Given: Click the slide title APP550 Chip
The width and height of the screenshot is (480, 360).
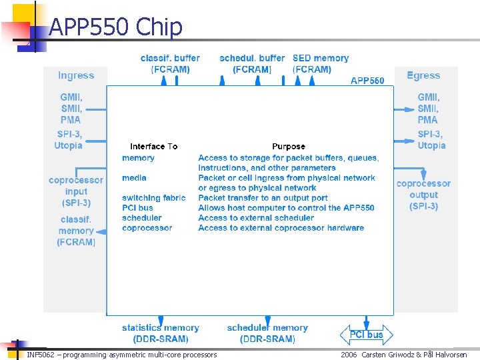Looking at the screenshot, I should (115, 27).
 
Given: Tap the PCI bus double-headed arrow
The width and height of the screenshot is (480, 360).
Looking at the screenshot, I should (366, 335).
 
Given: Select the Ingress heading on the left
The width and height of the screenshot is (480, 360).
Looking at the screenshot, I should (76, 75).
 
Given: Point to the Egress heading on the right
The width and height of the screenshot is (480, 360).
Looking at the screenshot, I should (423, 75).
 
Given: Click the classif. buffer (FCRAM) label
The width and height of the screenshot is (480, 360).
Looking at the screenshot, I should (170, 64).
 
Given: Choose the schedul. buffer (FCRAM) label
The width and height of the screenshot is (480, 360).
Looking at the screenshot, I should (252, 64).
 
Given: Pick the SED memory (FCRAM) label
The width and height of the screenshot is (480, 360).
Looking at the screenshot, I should (320, 64).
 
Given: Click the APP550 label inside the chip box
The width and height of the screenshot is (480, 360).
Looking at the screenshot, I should (367, 81).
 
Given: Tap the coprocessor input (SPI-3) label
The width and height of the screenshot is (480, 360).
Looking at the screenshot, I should (76, 191).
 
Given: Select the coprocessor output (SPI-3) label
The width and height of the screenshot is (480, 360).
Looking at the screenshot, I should (423, 195).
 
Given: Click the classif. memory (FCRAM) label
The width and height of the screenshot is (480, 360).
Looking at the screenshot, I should (76, 231).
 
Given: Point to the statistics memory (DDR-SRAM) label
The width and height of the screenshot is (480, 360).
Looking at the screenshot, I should (160, 333).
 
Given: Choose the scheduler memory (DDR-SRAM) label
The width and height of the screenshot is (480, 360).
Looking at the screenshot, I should (267, 333).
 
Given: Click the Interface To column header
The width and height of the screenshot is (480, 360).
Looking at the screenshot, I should (153, 147).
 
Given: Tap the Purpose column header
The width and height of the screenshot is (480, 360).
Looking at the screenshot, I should (288, 147).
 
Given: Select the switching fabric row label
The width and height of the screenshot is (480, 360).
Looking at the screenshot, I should (154, 198).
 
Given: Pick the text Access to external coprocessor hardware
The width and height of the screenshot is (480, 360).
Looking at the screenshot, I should (281, 228).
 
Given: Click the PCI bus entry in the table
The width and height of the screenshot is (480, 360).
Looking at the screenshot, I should (137, 208).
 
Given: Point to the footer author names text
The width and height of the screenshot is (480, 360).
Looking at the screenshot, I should (403, 355).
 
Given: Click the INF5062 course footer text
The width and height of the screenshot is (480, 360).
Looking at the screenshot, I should (121, 355).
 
